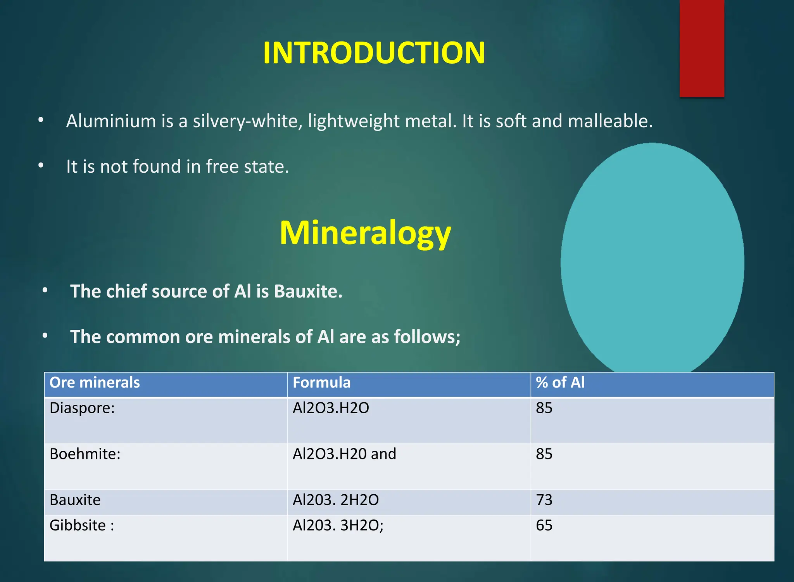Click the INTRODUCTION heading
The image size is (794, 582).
click(x=374, y=53)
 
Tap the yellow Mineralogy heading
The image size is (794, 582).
click(x=365, y=233)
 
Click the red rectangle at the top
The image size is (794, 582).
click(x=702, y=48)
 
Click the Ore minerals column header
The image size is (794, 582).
click(x=95, y=383)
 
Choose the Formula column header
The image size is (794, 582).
click(x=321, y=383)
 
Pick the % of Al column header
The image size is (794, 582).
click(x=560, y=383)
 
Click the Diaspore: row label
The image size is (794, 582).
click(x=82, y=408)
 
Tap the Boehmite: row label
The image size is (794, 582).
click(x=85, y=454)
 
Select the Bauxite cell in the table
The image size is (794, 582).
click(x=75, y=500)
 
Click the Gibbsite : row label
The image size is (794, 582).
click(x=82, y=525)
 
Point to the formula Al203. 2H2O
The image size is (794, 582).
click(x=336, y=500)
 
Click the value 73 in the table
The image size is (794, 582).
click(x=544, y=500)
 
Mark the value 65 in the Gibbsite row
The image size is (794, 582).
click(x=544, y=525)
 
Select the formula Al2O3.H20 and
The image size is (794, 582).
click(x=344, y=454)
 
